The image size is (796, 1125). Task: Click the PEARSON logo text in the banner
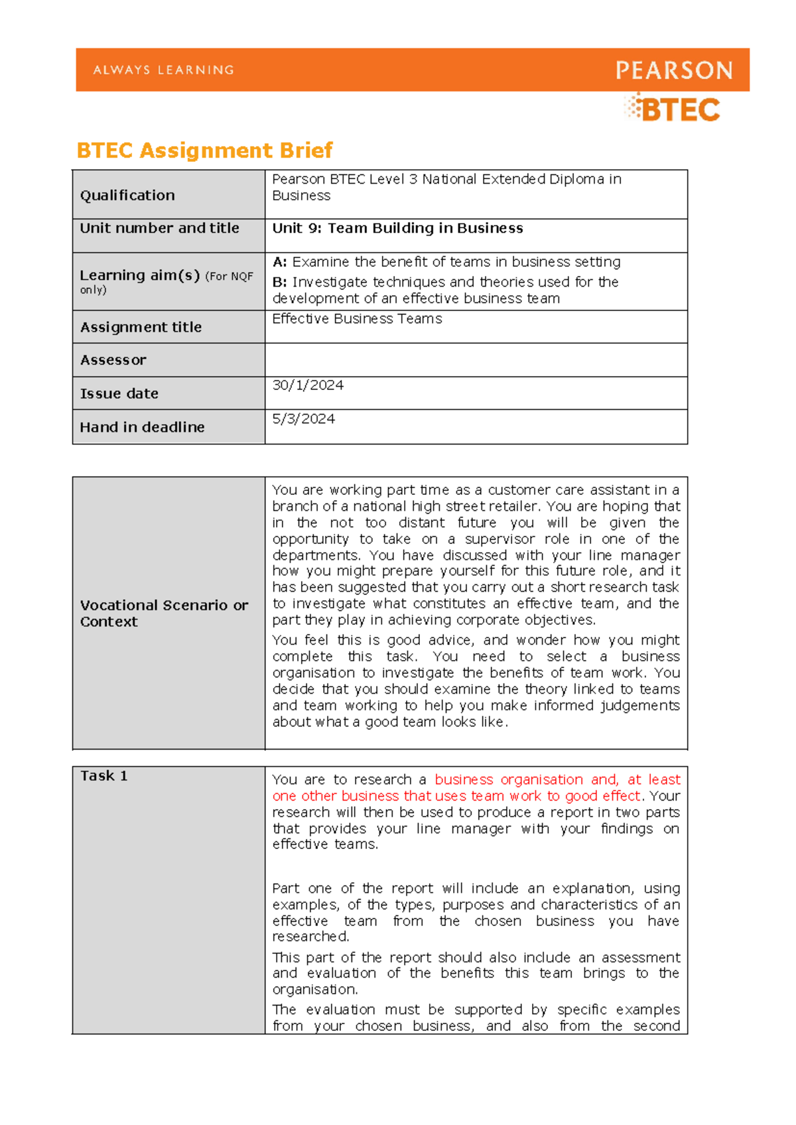click(x=674, y=70)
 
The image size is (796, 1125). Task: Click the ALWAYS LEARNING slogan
click(x=164, y=70)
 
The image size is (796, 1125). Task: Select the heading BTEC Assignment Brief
click(x=204, y=151)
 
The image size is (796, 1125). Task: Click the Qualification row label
click(x=127, y=195)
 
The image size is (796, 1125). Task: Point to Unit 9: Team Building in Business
click(x=397, y=228)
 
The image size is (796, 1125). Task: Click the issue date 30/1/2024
click(x=308, y=385)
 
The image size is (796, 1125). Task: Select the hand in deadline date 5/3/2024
click(x=303, y=419)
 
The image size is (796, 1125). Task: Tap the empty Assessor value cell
click(x=476, y=360)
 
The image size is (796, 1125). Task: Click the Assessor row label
click(x=113, y=360)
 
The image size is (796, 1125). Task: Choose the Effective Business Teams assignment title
click(x=357, y=319)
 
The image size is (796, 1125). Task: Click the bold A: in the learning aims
click(x=279, y=262)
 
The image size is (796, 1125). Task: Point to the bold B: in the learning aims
click(x=279, y=282)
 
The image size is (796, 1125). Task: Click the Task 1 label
click(x=103, y=775)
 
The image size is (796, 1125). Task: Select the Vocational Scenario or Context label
click(x=163, y=613)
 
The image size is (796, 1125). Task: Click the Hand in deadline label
click(x=142, y=427)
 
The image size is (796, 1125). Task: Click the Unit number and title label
click(x=159, y=228)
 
